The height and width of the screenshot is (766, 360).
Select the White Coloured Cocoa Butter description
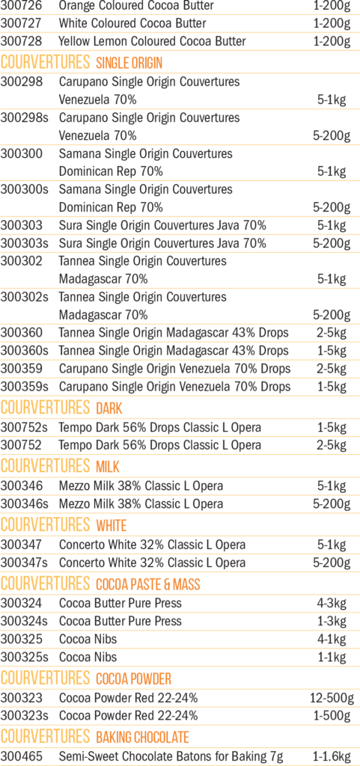click(x=132, y=23)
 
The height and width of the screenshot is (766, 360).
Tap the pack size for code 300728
click(x=332, y=41)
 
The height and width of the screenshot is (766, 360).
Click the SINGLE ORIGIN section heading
click(x=129, y=63)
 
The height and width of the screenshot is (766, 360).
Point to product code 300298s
click(x=25, y=117)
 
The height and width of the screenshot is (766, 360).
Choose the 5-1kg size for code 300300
click(x=332, y=171)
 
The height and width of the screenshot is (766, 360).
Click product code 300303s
click(x=25, y=243)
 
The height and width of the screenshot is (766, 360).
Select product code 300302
click(x=22, y=261)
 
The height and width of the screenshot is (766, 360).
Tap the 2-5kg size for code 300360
click(x=332, y=333)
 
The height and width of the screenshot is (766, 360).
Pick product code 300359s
click(x=25, y=387)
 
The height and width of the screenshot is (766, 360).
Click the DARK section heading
click(x=109, y=408)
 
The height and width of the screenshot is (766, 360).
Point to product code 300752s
click(x=25, y=427)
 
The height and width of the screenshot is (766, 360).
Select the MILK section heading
click(x=108, y=467)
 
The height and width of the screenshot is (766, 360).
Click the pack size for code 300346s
click(x=332, y=503)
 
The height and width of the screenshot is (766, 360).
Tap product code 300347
click(x=22, y=545)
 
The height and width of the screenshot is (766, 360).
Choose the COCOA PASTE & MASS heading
click(x=148, y=583)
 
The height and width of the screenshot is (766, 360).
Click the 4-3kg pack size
click(x=332, y=603)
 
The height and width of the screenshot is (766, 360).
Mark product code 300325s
click(x=25, y=657)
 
